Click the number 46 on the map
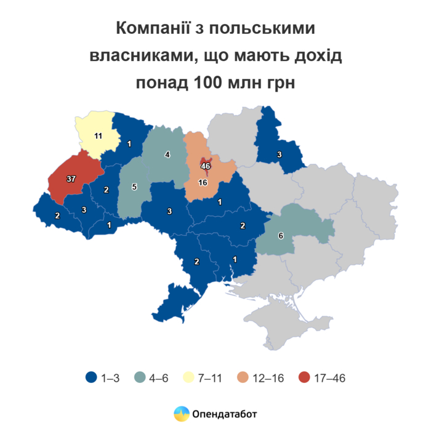(206, 166)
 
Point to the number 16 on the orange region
(202, 183)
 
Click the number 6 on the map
(281, 235)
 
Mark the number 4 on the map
(167, 155)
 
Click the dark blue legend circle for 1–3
(91, 378)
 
